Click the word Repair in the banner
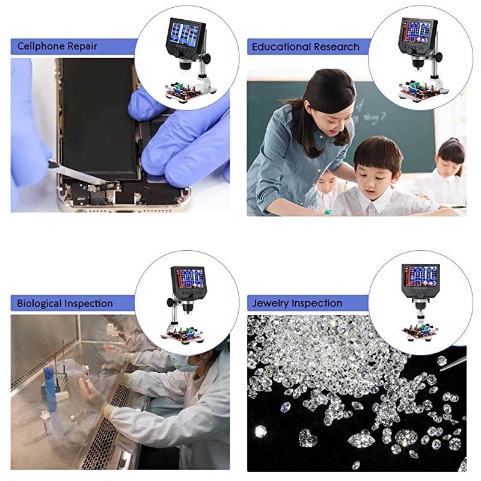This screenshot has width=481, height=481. click(84, 46)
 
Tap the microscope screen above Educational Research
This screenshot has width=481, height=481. click(416, 31)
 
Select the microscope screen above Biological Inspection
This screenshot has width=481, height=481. click(189, 278)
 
